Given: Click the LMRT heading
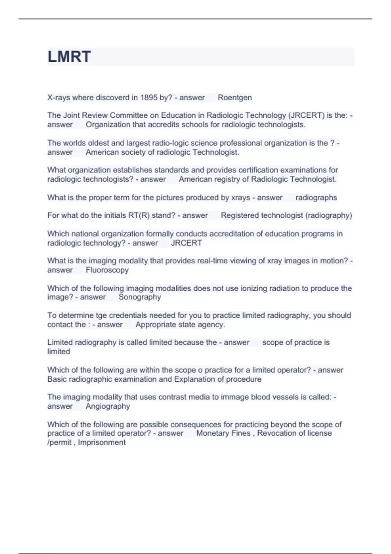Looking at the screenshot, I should (69, 57).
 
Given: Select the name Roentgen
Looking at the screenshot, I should (235, 97).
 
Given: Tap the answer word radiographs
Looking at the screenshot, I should (316, 197).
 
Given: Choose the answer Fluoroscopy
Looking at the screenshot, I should (107, 270).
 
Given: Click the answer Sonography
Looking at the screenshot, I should (140, 297).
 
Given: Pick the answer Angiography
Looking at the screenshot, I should (108, 406).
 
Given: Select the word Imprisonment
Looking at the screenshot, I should (102, 442).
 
